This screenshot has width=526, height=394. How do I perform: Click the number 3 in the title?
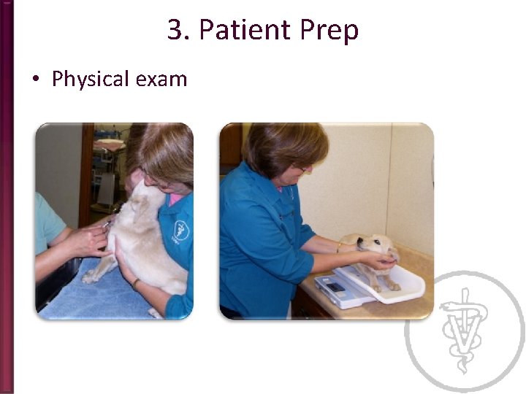pyautogui.click(x=175, y=29)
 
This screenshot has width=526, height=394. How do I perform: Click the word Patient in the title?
pyautogui.click(x=245, y=29)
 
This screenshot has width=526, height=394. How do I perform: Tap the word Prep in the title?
pyautogui.click(x=329, y=31)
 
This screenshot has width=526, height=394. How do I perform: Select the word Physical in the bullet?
pyautogui.click(x=91, y=80)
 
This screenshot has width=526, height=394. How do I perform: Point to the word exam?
pyautogui.click(x=161, y=80)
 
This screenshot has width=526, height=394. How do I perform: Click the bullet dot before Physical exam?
pyautogui.click(x=36, y=79)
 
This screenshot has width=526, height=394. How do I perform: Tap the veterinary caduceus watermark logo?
pyautogui.click(x=465, y=331)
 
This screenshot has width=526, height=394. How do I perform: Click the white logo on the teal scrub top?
pyautogui.click(x=181, y=230)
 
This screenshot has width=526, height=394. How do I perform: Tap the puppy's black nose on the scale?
pyautogui.click(x=360, y=240)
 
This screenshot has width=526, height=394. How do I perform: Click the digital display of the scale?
pyautogui.click(x=336, y=287)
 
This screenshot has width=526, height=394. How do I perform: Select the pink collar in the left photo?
pyautogui.click(x=175, y=199)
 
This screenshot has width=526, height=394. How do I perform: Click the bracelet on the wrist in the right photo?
pyautogui.click(x=340, y=247)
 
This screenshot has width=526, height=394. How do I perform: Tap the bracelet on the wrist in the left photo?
pyautogui.click(x=135, y=283)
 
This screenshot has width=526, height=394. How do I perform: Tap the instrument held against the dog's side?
pyautogui.click(x=107, y=225)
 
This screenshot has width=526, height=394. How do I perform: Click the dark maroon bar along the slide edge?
pyautogui.click(x=7, y=197)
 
